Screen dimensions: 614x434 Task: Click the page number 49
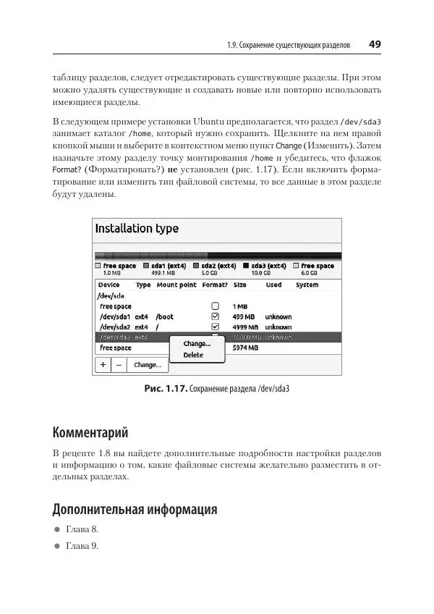375,44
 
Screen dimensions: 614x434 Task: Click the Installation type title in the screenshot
137,229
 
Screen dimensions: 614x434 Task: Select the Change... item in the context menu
197,344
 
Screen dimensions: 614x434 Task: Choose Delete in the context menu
193,356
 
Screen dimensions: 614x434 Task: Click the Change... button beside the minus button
147,366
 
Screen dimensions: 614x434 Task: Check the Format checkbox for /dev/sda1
214,316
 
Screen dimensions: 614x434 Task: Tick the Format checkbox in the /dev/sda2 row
214,327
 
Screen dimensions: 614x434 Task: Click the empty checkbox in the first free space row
214,306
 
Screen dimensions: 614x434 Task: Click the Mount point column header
176,285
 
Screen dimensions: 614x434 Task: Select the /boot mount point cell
164,316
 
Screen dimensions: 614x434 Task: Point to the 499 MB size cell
243,316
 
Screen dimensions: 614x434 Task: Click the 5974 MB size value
244,348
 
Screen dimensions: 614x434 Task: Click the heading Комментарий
90,433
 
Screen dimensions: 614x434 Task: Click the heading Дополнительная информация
135,510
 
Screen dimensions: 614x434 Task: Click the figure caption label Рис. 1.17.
165,389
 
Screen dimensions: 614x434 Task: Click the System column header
307,285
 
